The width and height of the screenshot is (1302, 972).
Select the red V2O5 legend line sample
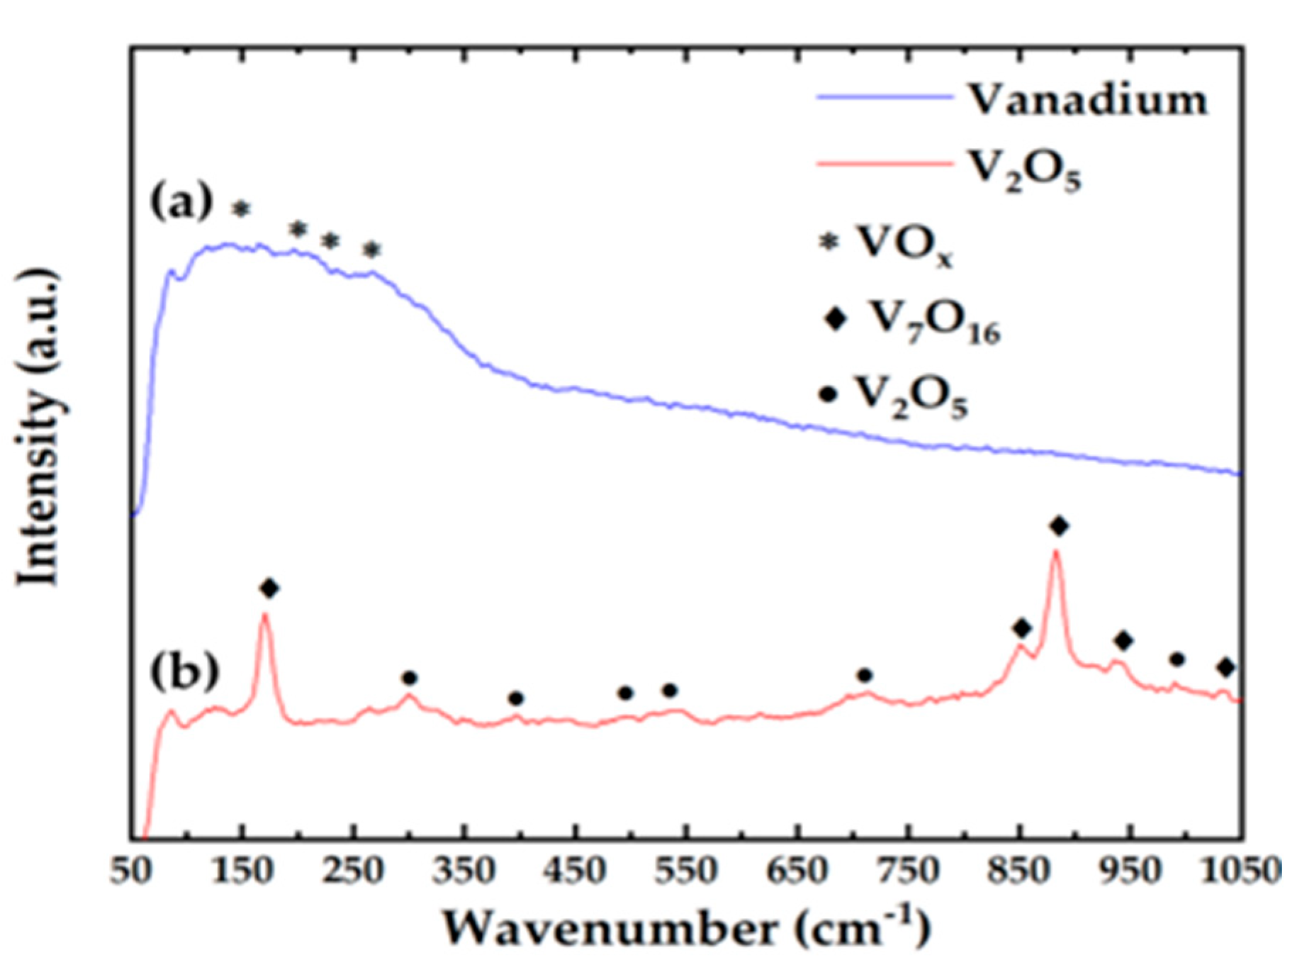[x=885, y=163]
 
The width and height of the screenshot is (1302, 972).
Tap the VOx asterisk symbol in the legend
[x=829, y=242]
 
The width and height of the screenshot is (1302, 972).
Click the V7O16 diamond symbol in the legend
[x=836, y=319]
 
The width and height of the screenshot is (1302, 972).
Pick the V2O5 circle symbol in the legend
[x=828, y=393]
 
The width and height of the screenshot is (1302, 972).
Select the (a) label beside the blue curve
[x=181, y=203]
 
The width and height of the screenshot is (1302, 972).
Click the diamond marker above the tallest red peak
[x=1060, y=526]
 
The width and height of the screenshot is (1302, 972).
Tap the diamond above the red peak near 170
[x=269, y=588]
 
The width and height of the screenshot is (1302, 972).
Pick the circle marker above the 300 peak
[x=409, y=678]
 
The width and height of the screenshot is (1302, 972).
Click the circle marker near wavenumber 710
[x=864, y=675]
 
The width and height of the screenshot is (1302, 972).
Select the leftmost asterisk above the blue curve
[x=242, y=208]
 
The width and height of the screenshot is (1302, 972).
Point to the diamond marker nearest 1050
[x=1226, y=667]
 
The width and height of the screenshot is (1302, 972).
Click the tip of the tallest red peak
[x=1056, y=552]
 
